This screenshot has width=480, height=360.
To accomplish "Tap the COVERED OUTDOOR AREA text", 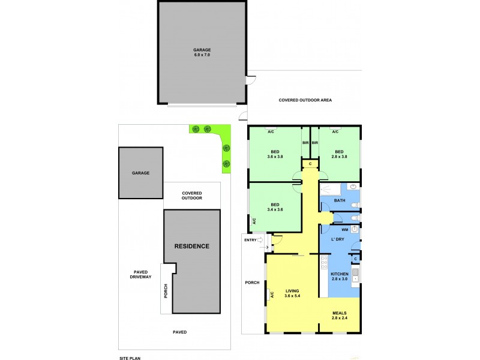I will (305, 100).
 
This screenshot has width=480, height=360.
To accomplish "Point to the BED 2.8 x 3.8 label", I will (339, 154).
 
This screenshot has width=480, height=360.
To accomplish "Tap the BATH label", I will (340, 200).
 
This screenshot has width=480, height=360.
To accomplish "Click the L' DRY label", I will (337, 239).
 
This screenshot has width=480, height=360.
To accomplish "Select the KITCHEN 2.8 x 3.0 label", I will (340, 276).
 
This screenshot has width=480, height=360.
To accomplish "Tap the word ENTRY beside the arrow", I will (250, 240).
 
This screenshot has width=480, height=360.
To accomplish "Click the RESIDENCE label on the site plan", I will (191, 246).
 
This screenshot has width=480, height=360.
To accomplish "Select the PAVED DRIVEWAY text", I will (141, 274).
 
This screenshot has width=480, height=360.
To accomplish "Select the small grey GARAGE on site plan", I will (141, 173).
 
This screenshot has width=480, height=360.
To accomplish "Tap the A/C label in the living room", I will (271, 295).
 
